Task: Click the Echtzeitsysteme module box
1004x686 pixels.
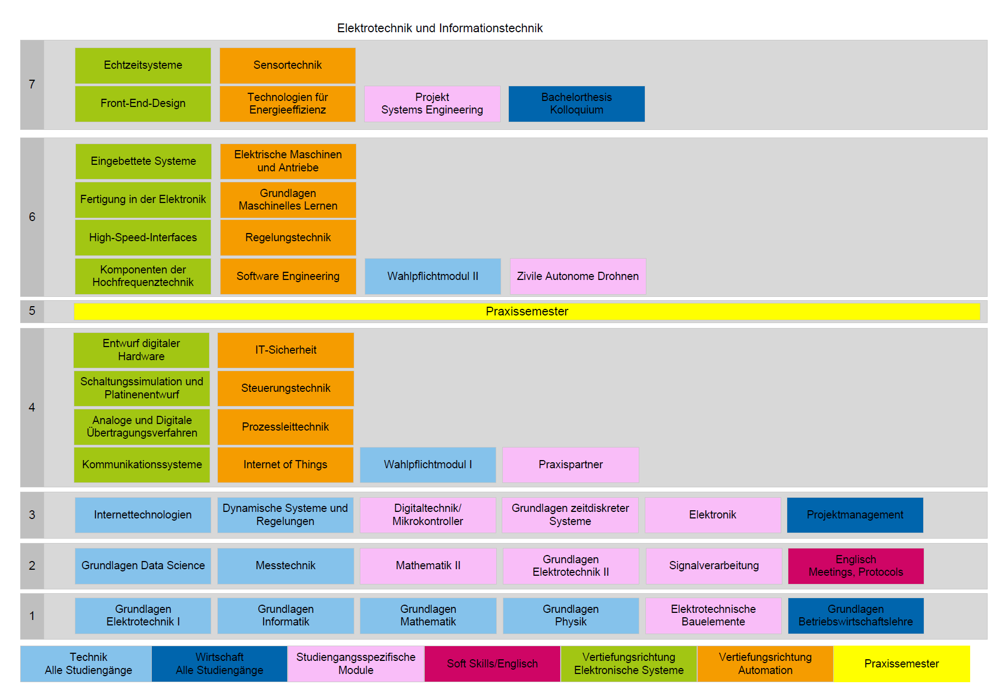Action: [x=143, y=65]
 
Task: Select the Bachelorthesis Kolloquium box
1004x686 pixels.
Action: [x=577, y=104]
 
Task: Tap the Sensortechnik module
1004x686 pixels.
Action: [x=288, y=65]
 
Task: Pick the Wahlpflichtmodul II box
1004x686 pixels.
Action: [x=433, y=276]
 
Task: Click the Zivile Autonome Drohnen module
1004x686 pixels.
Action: [x=578, y=276]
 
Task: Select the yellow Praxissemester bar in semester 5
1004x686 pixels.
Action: [x=527, y=312]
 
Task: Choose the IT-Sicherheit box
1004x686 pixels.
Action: [x=286, y=350]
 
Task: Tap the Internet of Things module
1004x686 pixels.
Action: [x=286, y=465]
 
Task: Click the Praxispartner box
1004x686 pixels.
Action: [x=571, y=465]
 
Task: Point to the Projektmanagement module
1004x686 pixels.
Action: [x=855, y=515]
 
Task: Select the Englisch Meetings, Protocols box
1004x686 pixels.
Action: [x=856, y=566]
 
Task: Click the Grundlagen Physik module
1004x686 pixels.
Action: [x=571, y=616]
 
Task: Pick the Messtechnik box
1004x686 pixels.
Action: [x=286, y=566]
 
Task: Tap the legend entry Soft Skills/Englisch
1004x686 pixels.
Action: [x=492, y=664]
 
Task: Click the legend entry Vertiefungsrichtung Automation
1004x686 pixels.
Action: [x=765, y=664]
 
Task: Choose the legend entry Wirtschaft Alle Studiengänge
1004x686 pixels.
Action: [x=219, y=664]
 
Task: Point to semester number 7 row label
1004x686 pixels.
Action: [x=32, y=85]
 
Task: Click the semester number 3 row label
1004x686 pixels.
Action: [x=32, y=515]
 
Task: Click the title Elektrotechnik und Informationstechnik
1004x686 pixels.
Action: [x=439, y=28]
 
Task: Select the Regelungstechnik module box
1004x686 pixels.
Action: [x=288, y=238]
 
